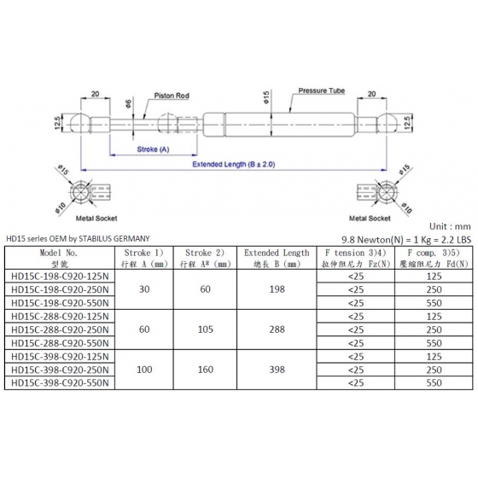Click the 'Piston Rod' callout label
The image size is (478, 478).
click(172, 96)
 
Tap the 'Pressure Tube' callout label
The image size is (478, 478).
click(321, 90)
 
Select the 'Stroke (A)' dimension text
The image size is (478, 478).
click(153, 149)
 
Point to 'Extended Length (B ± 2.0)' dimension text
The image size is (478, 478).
click(234, 164)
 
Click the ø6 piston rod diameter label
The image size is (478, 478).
click(128, 103)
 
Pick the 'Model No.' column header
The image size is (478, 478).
click(59, 253)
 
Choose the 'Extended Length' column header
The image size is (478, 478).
click(277, 253)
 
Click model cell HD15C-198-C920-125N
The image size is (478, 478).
click(60, 277)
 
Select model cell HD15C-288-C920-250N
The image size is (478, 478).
click(60, 329)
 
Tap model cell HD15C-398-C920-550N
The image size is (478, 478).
click(60, 383)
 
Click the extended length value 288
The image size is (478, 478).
click(277, 329)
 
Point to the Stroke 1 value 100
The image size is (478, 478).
click(144, 370)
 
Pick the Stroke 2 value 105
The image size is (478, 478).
click(205, 329)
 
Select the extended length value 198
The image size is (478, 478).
click(277, 289)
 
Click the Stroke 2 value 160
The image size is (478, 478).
click(205, 370)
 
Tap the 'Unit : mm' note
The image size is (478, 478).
click(450, 226)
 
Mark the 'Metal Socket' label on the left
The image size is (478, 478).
click(96, 219)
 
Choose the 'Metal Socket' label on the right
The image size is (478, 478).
click(370, 219)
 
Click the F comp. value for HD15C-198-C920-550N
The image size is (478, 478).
click(434, 303)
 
